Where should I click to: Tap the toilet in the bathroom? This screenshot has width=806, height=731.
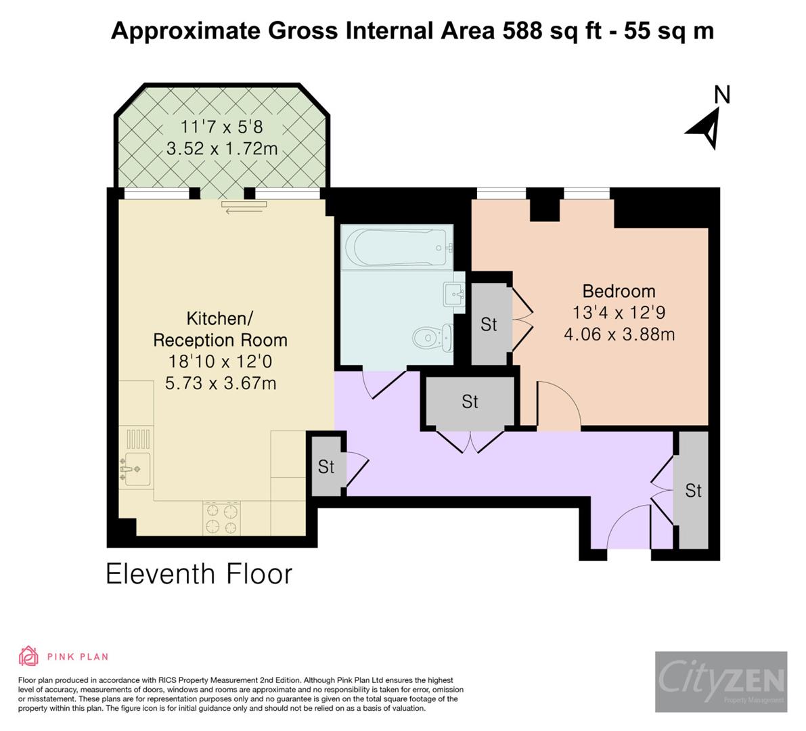[433, 336]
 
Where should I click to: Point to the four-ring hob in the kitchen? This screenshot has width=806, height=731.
[221, 518]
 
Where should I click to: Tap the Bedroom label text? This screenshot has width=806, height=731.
[619, 291]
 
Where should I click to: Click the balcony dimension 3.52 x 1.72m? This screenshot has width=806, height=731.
[222, 148]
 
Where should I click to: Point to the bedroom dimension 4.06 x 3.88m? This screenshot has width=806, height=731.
[619, 334]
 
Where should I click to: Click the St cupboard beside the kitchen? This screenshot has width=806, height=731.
[326, 466]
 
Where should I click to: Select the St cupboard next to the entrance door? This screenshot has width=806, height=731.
[693, 490]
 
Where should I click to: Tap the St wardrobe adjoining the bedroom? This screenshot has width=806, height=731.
[489, 324]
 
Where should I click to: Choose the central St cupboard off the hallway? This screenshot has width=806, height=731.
[470, 402]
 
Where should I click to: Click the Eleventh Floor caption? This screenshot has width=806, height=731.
[199, 574]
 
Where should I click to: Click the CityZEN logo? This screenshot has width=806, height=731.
[721, 682]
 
